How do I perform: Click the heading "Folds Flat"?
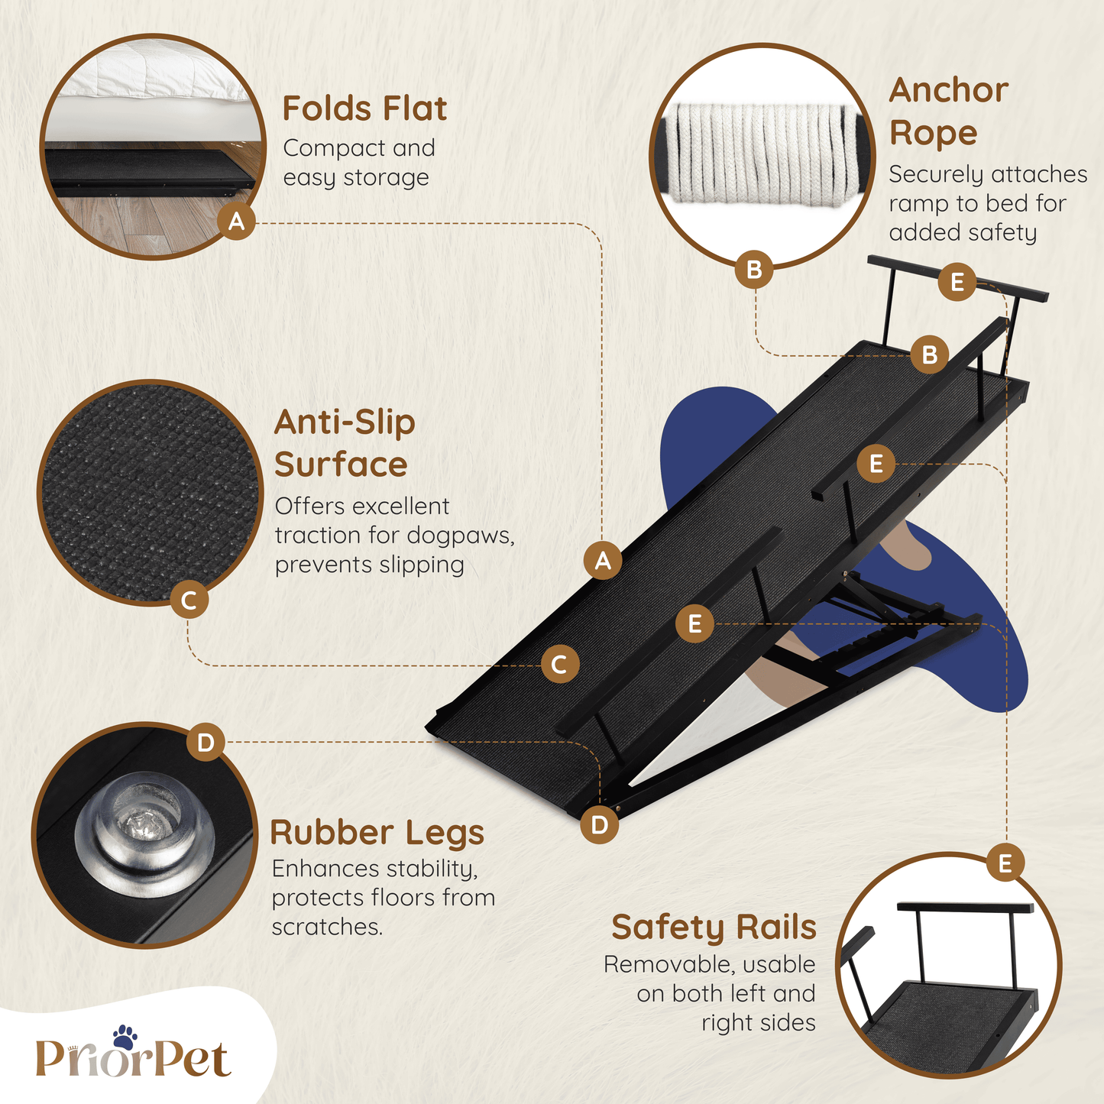tap(364, 108)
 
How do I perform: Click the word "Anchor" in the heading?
tap(949, 90)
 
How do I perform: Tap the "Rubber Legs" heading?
tap(377, 834)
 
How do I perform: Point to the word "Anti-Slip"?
tap(345, 422)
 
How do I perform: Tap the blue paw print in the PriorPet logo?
tap(125, 1038)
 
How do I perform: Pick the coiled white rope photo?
tap(762, 154)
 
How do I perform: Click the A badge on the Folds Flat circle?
tap(236, 221)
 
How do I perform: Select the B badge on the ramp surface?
tap(929, 355)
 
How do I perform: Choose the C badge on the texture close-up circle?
tap(189, 600)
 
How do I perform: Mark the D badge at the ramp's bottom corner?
tap(599, 825)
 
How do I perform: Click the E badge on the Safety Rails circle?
tap(1005, 863)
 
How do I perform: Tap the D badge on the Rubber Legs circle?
tap(205, 743)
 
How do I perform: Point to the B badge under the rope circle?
tap(754, 269)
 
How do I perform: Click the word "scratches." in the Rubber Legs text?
tap(327, 927)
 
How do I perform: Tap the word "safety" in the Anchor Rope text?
tap(1002, 233)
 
